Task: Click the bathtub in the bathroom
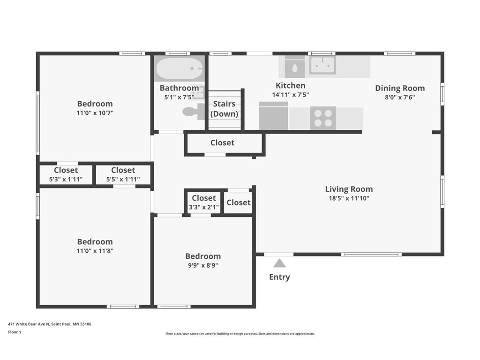point(180,68)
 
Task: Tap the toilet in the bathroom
point(194,112)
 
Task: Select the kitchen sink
point(322,65)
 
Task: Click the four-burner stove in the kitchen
point(323,118)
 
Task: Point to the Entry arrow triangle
point(279,263)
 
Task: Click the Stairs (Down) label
point(225,109)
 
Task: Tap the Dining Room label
point(400,88)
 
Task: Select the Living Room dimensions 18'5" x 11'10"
point(349,198)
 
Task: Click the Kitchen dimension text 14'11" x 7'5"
point(291,95)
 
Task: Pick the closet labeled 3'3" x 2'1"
point(203,202)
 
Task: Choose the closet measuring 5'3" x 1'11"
point(66,174)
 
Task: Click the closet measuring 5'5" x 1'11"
point(123,174)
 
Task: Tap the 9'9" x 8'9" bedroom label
point(203,261)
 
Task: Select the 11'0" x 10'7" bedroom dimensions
point(95,112)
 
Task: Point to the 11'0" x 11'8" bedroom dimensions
point(95,251)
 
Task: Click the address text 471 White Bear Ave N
point(29,324)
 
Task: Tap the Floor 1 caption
point(15,332)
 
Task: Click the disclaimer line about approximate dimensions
point(240,334)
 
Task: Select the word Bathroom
point(180,88)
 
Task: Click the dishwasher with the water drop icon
point(294,67)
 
